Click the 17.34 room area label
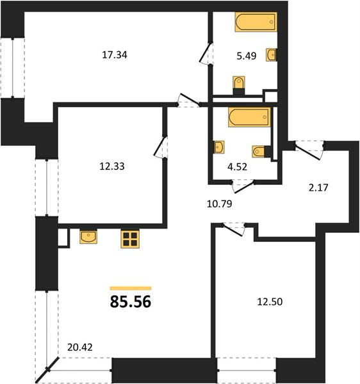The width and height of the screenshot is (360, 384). [x=115, y=55]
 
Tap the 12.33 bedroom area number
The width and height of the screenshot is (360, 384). [x=112, y=166]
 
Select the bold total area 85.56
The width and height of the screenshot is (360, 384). [x=131, y=301]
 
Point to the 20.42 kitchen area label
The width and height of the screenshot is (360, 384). [x=80, y=348]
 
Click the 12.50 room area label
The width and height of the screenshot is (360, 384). [x=270, y=301]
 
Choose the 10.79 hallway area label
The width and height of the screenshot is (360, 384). [x=219, y=204]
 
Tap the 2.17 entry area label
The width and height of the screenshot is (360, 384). [x=318, y=188]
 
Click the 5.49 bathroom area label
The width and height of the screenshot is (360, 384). [x=247, y=56]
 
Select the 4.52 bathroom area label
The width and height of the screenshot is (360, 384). [x=237, y=167]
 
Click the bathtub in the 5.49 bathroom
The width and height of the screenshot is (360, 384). [x=256, y=22]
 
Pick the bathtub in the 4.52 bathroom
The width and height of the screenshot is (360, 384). [x=249, y=117]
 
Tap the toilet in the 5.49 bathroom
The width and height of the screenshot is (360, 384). [x=239, y=85]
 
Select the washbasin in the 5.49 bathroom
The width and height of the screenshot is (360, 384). [x=271, y=54]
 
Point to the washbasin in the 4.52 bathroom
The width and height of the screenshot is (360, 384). [x=219, y=147]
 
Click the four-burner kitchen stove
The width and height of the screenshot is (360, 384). [x=130, y=239]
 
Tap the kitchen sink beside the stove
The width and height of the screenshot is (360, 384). [x=88, y=237]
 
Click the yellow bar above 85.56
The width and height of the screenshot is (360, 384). [x=131, y=288]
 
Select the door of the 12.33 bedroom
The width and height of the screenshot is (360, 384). [x=160, y=147]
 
